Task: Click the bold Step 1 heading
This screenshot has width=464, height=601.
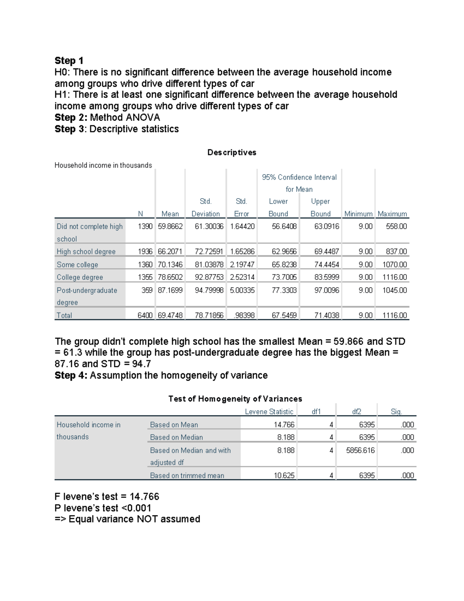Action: [x=69, y=61]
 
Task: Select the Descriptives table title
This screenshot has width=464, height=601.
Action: [x=232, y=152]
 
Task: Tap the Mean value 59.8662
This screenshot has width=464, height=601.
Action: [x=170, y=226]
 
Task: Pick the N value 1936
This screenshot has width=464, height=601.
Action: [x=145, y=252]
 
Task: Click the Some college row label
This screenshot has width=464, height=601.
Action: [x=77, y=265]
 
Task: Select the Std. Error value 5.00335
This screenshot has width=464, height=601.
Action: [x=242, y=290]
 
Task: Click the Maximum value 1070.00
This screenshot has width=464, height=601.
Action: [x=394, y=265]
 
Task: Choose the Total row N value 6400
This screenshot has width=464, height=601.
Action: [x=145, y=315]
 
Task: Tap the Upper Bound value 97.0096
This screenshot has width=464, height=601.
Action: [x=327, y=290]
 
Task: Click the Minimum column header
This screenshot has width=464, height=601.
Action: [x=358, y=214]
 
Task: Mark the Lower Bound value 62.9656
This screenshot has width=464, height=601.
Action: [x=284, y=252]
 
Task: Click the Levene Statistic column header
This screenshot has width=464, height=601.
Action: [x=269, y=412]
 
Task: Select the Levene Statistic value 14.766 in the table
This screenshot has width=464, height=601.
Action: [x=284, y=425]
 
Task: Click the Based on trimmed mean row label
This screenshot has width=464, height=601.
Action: [x=187, y=476]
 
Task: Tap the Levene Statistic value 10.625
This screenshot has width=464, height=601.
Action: [x=284, y=476]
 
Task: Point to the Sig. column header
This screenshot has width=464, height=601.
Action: [x=396, y=412]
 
